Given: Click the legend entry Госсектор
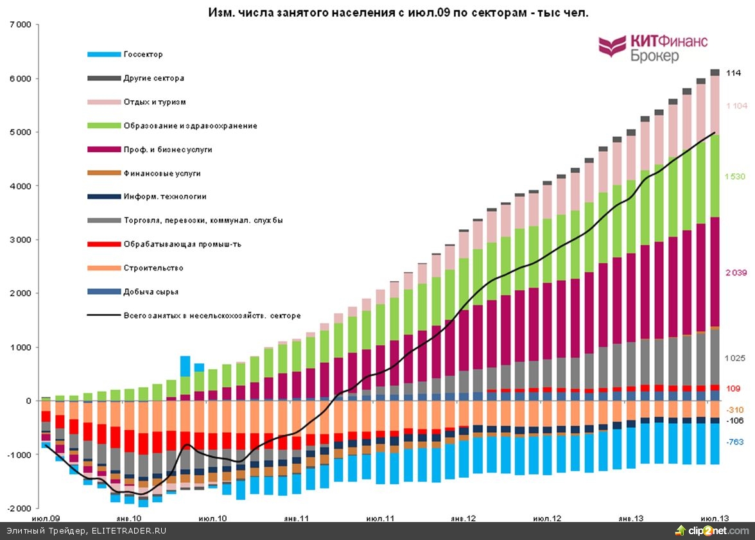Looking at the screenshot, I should (x=143, y=55).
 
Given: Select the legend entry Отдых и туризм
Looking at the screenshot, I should (x=155, y=102).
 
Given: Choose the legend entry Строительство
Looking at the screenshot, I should (x=153, y=268).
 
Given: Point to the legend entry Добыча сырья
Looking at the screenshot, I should (x=151, y=292).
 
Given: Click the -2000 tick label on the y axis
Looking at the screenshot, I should (x=18, y=508).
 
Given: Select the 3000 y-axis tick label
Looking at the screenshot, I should (x=20, y=240).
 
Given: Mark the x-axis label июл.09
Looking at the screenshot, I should (x=46, y=518).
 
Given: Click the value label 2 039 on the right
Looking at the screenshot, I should (x=736, y=273).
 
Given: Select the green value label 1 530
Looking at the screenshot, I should (x=736, y=177).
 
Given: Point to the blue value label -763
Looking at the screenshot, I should (x=735, y=442).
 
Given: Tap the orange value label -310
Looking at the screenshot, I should (x=735, y=410).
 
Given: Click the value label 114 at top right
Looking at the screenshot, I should (x=733, y=73).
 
